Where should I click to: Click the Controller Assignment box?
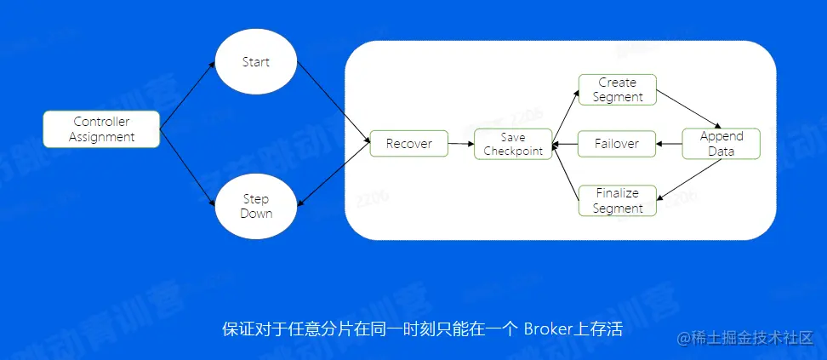point(102,129)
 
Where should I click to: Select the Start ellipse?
point(255,62)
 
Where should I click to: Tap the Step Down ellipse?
point(255,206)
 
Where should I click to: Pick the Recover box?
point(408,144)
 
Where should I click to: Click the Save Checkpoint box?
point(512,144)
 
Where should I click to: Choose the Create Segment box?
point(617,89)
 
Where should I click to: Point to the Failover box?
point(617,144)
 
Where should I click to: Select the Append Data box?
point(721,143)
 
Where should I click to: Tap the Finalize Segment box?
point(618,201)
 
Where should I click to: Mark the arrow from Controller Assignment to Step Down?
point(187,166)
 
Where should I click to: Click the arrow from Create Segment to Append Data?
point(689,109)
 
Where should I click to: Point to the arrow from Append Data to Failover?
point(670,144)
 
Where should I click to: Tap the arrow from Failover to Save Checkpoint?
point(565,144)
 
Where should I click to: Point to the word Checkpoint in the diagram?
point(513,151)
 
